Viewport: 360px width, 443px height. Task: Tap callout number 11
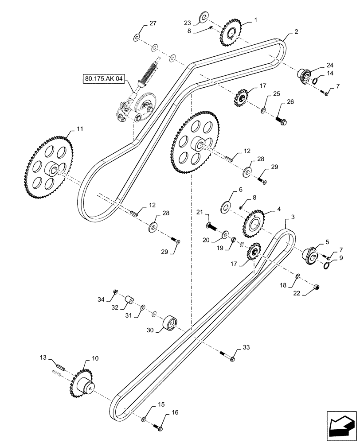(x=79, y=129)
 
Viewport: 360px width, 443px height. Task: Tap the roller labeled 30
(x=171, y=323)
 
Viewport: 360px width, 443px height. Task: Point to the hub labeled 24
(x=305, y=74)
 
